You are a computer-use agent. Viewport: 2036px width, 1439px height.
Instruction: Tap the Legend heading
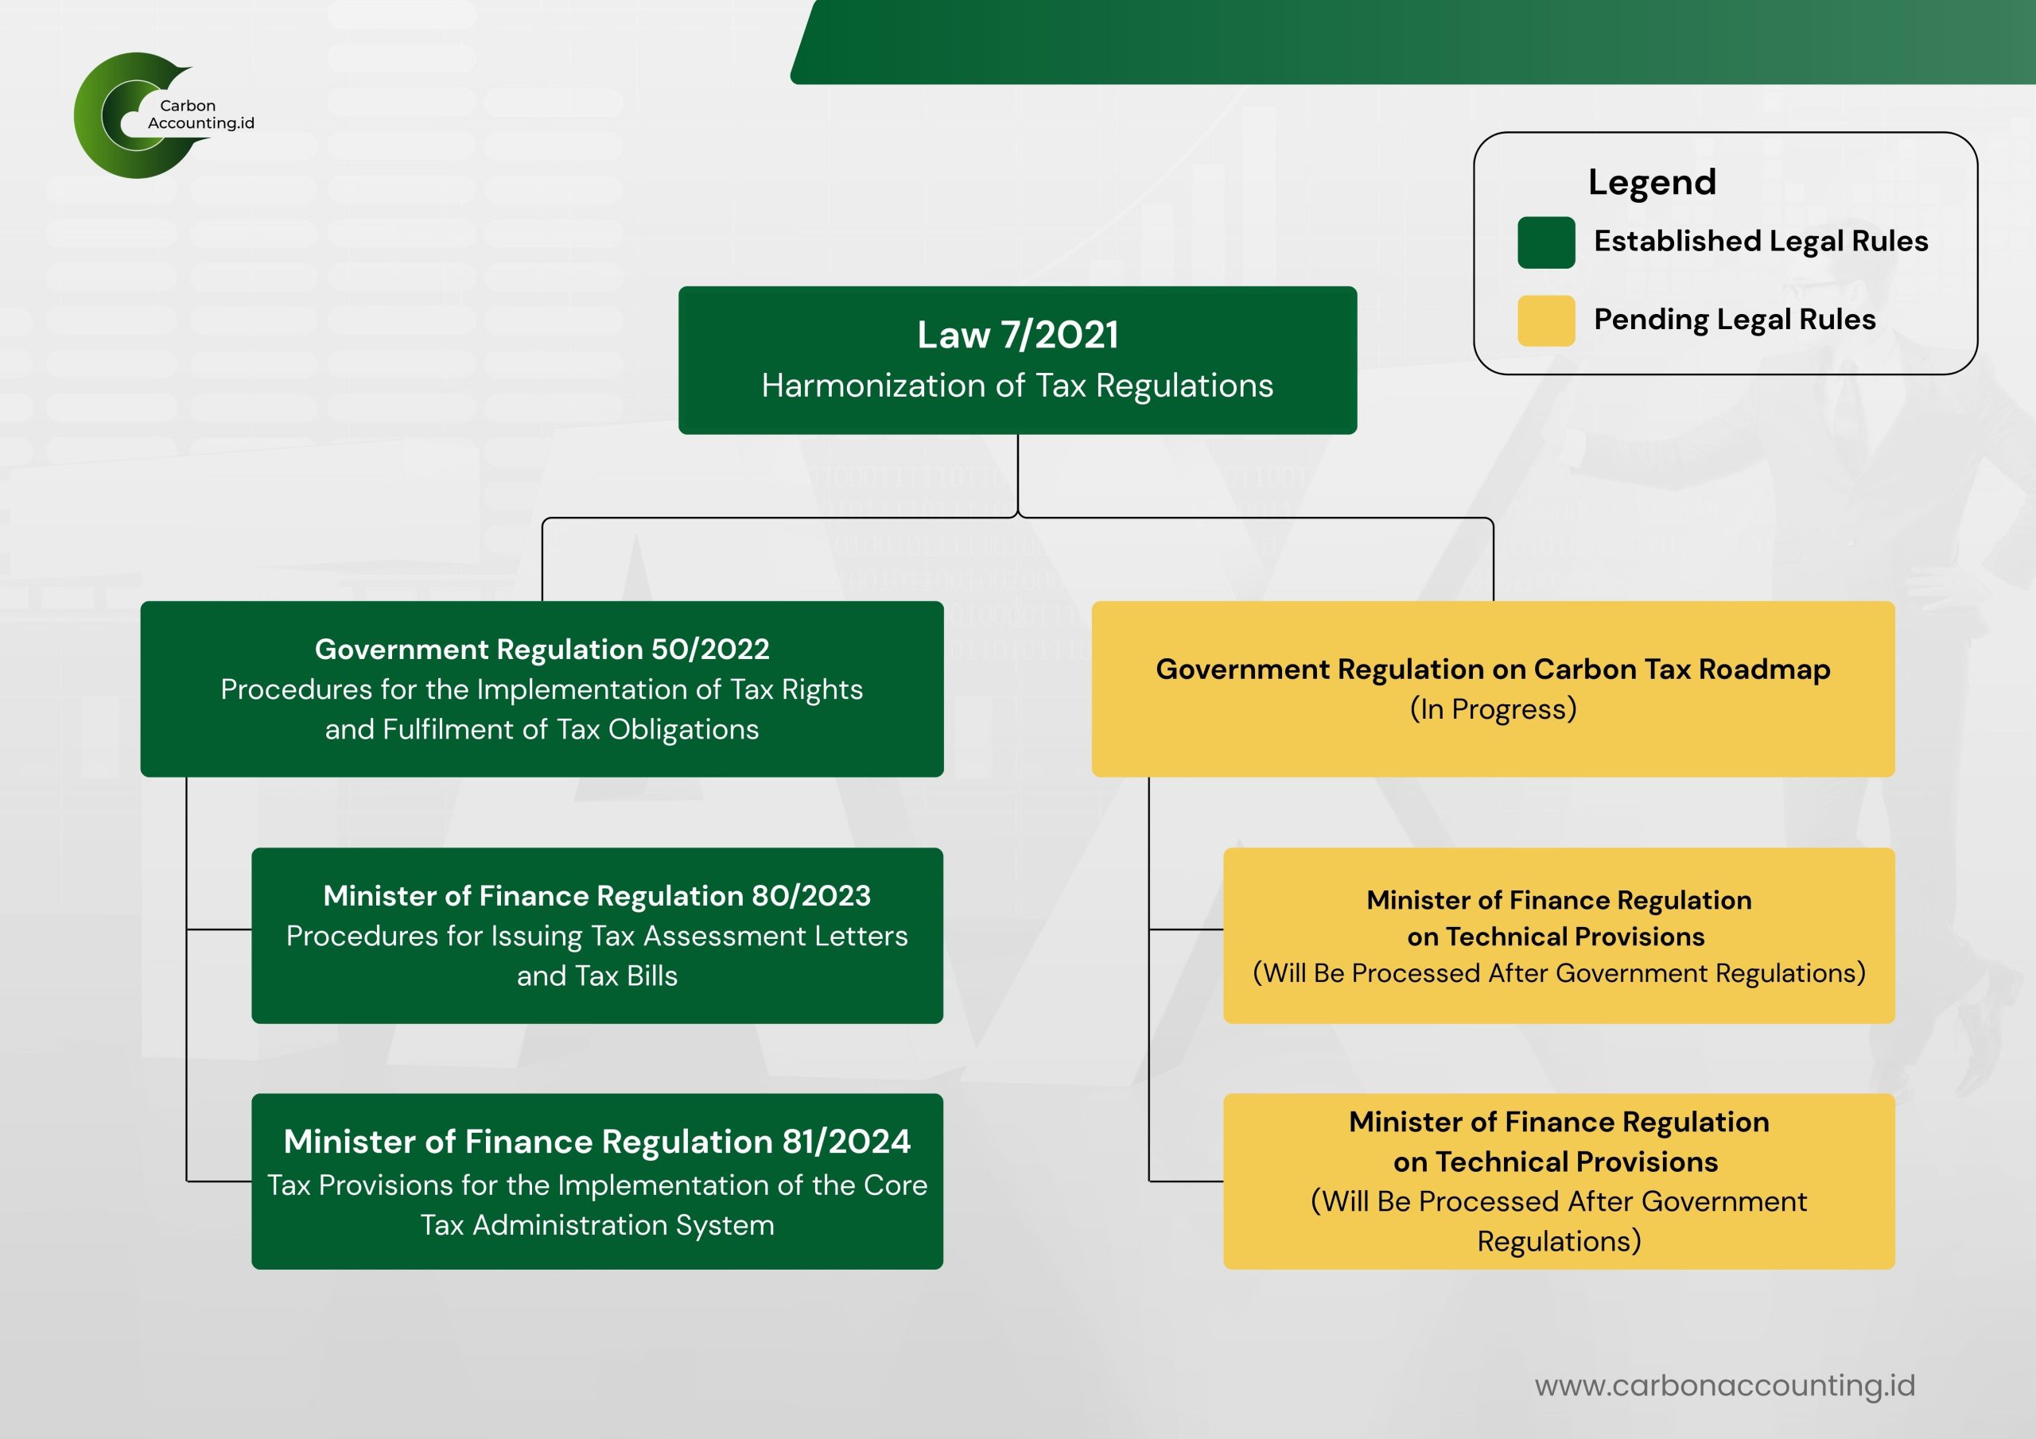click(x=1652, y=183)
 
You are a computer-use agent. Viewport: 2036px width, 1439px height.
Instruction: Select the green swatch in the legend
click(x=1545, y=242)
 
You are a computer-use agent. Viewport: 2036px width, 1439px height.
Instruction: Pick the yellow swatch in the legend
click(x=1545, y=320)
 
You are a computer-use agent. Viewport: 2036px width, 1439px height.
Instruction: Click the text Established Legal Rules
click(x=1760, y=241)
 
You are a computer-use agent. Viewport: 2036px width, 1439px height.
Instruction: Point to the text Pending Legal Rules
click(x=1735, y=319)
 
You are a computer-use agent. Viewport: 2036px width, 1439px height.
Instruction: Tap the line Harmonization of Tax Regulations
click(x=1017, y=386)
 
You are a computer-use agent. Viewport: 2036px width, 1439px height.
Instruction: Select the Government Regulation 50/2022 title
click(x=542, y=649)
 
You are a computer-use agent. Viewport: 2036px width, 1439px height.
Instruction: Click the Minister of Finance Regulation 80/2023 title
click(x=596, y=895)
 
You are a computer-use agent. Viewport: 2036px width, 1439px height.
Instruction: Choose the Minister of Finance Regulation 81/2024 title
click(x=596, y=1141)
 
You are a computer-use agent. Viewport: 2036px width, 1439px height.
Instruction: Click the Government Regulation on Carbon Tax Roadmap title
click(x=1493, y=669)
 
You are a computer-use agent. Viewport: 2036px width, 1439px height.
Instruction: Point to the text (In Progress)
click(x=1493, y=709)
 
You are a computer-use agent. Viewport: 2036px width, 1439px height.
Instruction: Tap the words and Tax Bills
click(x=596, y=975)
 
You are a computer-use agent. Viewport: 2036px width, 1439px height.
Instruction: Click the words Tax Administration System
click(x=596, y=1224)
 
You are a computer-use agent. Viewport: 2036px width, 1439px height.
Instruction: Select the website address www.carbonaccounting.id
click(x=1725, y=1385)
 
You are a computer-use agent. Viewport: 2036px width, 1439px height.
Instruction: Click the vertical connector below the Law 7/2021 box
click(x=1018, y=475)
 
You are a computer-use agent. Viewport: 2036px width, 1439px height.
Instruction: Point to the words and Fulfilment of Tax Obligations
click(x=542, y=729)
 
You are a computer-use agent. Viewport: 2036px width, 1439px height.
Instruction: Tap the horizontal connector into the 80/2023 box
click(x=219, y=929)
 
